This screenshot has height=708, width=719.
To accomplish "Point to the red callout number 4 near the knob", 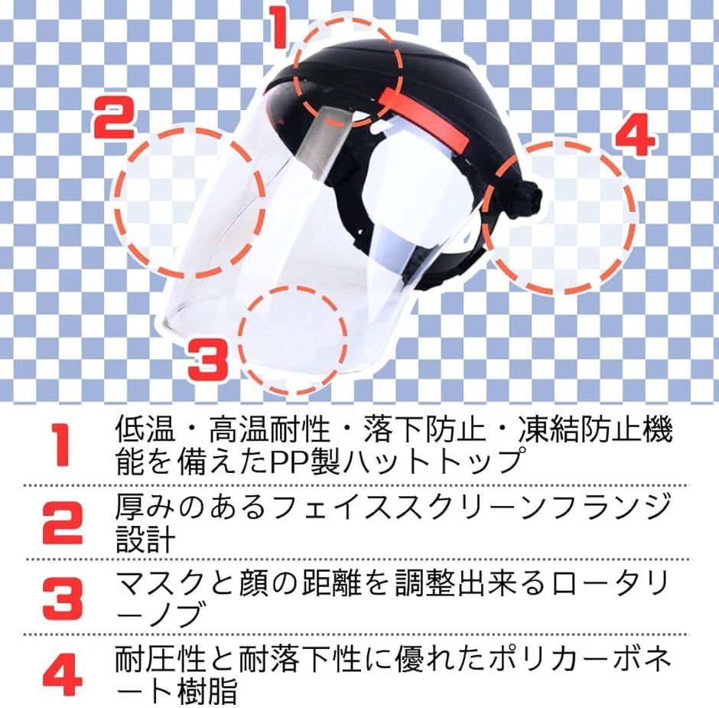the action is pyautogui.click(x=635, y=134).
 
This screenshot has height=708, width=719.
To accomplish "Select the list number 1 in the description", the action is pyautogui.click(x=60, y=445).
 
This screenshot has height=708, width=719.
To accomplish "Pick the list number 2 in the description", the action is pyautogui.click(x=63, y=522).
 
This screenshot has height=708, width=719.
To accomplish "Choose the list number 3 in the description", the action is pyautogui.click(x=63, y=599).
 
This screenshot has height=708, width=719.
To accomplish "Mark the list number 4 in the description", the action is pyautogui.click(x=63, y=675).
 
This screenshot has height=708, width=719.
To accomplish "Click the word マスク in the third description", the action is pyautogui.click(x=159, y=585).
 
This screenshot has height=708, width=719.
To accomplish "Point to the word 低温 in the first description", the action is pyautogui.click(x=145, y=429).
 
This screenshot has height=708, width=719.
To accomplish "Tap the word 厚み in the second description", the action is pyautogui.click(x=146, y=506).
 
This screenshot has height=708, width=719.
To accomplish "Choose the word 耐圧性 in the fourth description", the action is pyautogui.click(x=161, y=659).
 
